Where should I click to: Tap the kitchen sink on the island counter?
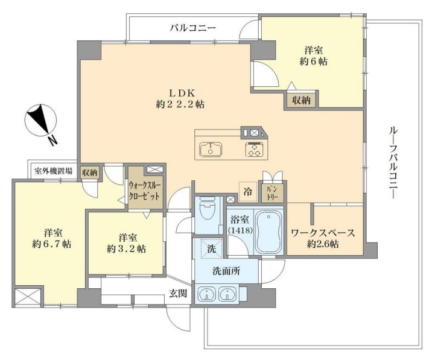[211, 149]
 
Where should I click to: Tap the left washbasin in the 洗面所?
[206, 294]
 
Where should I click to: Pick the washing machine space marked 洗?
[211, 248]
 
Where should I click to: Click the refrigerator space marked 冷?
[248, 192]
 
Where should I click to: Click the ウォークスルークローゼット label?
[144, 192]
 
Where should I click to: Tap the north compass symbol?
[41, 121]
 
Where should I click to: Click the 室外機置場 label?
[53, 171]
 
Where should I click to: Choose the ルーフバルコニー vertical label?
[393, 162]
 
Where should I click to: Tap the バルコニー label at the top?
[192, 28]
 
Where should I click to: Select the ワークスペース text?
[323, 233]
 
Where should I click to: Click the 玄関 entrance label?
[178, 294]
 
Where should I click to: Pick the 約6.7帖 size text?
[52, 244]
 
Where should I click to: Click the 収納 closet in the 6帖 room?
[301, 100]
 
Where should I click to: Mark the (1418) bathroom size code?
[240, 230]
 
